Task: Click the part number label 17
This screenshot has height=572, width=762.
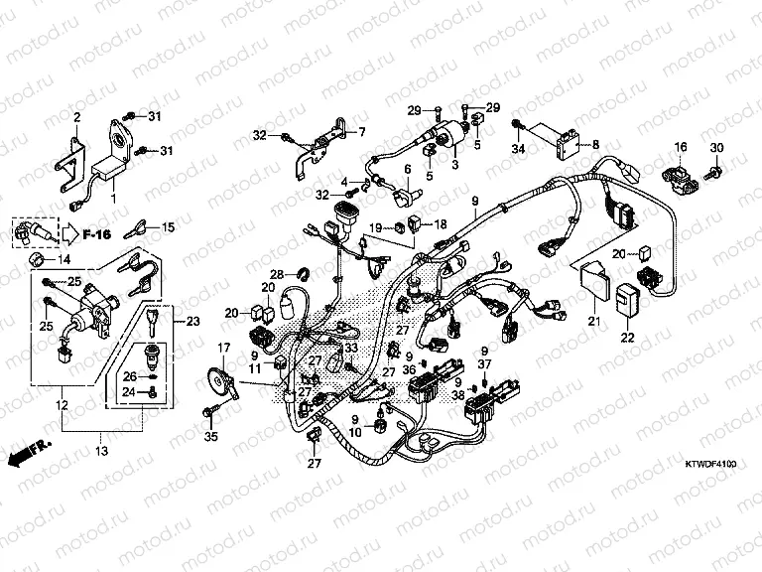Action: pyautogui.click(x=223, y=347)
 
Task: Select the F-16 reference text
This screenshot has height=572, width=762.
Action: pyautogui.click(x=97, y=234)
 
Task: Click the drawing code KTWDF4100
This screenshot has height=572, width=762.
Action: pyautogui.click(x=710, y=463)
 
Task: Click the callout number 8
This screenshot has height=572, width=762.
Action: pyautogui.click(x=595, y=145)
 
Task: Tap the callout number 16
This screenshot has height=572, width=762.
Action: pyautogui.click(x=681, y=148)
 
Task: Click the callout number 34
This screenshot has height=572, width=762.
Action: pyautogui.click(x=516, y=149)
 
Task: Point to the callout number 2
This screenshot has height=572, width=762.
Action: pyautogui.click(x=76, y=117)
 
